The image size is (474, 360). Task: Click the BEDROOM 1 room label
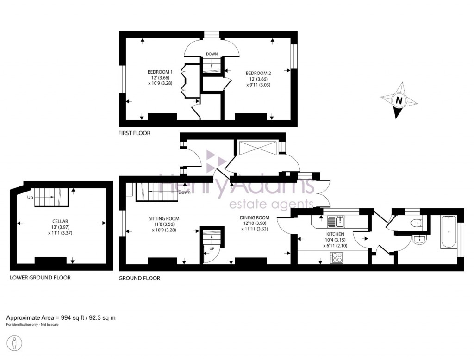tap(160, 72)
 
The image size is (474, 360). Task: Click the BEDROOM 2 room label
tap(258, 73)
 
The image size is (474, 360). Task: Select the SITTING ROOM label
tap(164, 219)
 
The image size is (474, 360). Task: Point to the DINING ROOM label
tap(254, 217)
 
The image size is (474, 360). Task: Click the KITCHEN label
tap(335, 234)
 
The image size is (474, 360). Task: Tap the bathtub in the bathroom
tap(448, 231)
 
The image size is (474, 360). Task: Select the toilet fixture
tap(416, 223)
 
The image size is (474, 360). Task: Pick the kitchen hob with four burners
tap(336, 258)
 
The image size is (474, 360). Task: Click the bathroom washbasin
tap(420, 240)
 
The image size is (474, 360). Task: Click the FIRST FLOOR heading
tap(134, 133)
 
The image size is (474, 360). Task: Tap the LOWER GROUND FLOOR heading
tap(40, 278)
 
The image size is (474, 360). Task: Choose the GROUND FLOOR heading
tap(139, 278)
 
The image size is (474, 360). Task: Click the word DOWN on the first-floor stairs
tap(212, 54)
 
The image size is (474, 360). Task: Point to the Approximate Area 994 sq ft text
tap(61, 317)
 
